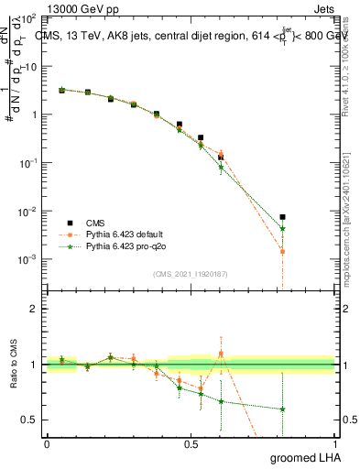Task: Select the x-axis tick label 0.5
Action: tap(191, 444)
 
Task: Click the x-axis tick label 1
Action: tap(334, 444)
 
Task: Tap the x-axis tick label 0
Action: tap(47, 444)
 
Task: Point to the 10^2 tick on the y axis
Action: tap(28, 19)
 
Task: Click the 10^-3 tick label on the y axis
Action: tap(28, 259)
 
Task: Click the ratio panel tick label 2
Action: tap(34, 309)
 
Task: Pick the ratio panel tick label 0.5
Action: tap(30, 420)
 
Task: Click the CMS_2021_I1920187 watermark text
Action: tap(190, 273)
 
